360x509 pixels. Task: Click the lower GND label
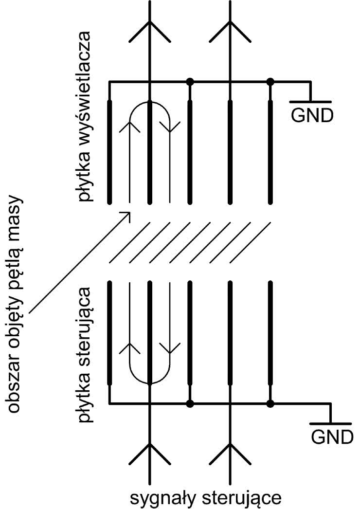[332, 436]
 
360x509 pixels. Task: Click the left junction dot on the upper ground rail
[190, 82]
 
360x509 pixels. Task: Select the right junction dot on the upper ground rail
[270, 82]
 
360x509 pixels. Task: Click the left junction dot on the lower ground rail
[190, 403]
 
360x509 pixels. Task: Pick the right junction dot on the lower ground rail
[270, 403]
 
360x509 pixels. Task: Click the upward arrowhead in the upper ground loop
[130, 127]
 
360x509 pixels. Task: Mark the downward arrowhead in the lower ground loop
[170, 348]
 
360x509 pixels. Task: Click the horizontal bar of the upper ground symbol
[310, 102]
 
